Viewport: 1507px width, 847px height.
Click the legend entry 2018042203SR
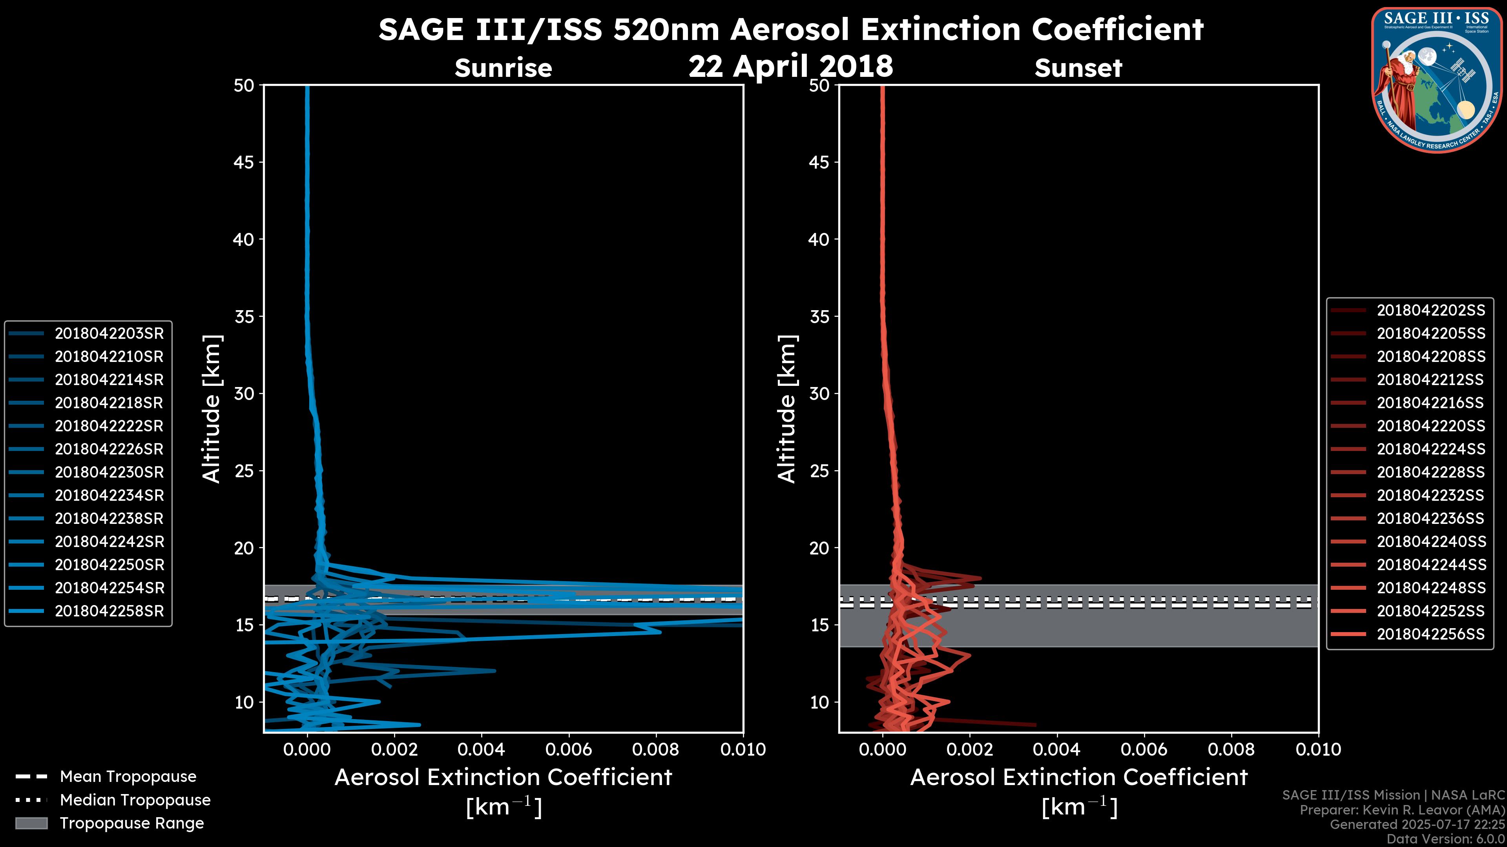(x=109, y=333)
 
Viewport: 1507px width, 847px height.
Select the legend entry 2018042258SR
(x=109, y=611)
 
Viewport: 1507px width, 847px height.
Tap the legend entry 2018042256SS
(x=1430, y=634)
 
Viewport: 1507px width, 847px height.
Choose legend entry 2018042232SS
(x=1430, y=495)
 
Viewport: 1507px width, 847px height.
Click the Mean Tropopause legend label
(x=128, y=776)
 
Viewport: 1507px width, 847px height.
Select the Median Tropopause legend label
(x=135, y=800)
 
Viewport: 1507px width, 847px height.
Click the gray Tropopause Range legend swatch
(x=31, y=823)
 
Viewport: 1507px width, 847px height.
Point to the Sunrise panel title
(x=503, y=68)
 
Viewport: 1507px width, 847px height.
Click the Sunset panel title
(x=1078, y=68)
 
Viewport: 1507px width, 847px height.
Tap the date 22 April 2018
(x=790, y=65)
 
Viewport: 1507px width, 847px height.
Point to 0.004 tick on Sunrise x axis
(x=481, y=749)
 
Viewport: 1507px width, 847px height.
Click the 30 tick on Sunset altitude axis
(x=819, y=393)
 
